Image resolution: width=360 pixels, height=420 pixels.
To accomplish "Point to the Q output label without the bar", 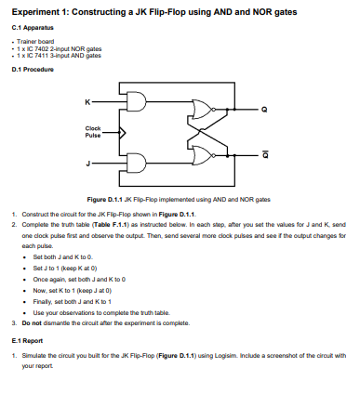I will click(x=263, y=111).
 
